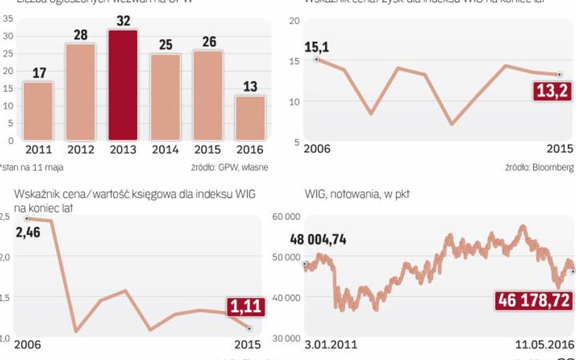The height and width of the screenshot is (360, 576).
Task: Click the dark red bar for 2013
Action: (123, 85)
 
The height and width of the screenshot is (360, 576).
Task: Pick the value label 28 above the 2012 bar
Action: (81, 34)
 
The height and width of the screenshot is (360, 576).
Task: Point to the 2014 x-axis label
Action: (165, 149)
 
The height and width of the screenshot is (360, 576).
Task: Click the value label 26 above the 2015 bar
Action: (208, 42)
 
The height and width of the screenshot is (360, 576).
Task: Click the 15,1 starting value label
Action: (316, 47)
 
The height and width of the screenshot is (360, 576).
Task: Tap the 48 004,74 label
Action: (326, 239)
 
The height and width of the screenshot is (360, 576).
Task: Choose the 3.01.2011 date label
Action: (331, 345)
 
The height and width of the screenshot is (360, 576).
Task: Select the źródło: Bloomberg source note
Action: (539, 167)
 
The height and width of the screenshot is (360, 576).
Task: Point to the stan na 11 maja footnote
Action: (32, 167)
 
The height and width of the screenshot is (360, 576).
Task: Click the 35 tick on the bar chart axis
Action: (9, 18)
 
